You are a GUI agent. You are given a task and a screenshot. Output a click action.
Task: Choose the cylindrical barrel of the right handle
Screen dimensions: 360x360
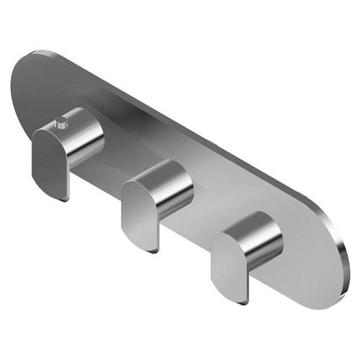click(263, 241)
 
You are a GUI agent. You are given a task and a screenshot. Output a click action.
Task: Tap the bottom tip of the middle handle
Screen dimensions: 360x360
click(153, 249)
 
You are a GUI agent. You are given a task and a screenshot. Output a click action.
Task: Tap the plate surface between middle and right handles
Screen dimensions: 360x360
click(209, 216)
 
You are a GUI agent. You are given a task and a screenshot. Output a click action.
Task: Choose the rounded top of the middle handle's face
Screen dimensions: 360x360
click(137, 189)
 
